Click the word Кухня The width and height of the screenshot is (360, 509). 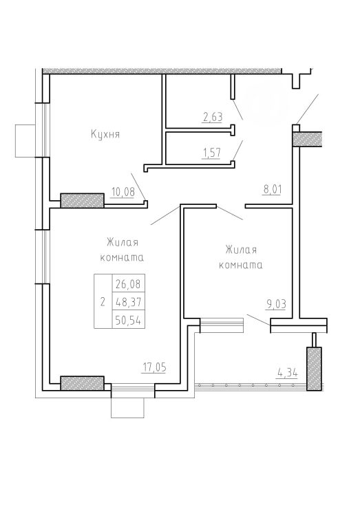tap(105, 134)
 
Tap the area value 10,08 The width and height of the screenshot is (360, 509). tap(123, 192)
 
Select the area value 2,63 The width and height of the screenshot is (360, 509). tap(213, 117)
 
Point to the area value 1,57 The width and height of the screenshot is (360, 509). tap(211, 153)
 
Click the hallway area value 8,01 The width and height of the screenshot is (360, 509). tap(273, 189)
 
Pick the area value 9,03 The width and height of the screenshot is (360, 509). tap(276, 305)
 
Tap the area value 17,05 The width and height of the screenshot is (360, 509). tap(155, 367)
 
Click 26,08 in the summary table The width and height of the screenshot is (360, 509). tap(129, 284)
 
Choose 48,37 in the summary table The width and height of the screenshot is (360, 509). tap(129, 303)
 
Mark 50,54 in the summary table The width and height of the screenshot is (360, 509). tap(129, 321)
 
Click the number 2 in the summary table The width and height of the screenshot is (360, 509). tap(103, 303)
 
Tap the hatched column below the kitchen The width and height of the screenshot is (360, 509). tap(83, 201)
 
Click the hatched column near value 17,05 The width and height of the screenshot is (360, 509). tap(83, 383)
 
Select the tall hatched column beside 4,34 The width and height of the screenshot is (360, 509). tap(314, 369)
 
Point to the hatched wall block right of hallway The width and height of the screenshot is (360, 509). tap(307, 139)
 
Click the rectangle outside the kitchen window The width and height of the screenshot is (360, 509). tap(25, 141)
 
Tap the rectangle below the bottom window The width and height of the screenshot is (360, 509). tap(127, 407)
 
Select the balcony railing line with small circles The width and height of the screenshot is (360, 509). tap(251, 386)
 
